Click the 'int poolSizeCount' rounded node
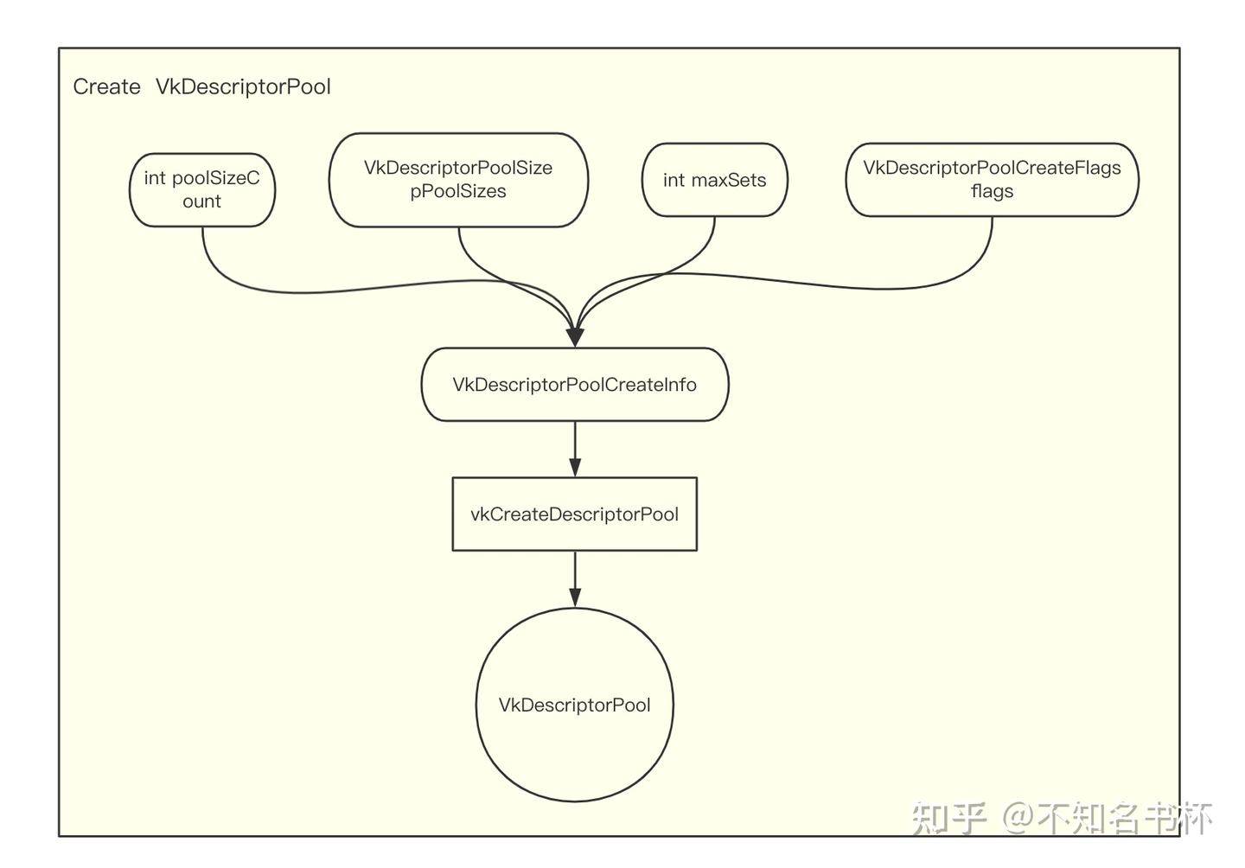pos(202,189)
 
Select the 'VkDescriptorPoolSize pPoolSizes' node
pos(458,180)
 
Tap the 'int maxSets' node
pos(714,180)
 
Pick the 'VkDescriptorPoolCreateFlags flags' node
pos(992,180)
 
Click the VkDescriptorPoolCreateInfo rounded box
pos(575,385)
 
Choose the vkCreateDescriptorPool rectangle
pos(575,514)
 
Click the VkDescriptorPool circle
pos(575,705)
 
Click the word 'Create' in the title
pos(106,86)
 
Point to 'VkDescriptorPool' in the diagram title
pos(243,86)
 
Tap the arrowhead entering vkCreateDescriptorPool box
pos(575,468)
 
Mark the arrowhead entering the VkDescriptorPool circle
pos(575,597)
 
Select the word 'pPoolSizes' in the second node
pos(458,192)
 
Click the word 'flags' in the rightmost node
pos(992,192)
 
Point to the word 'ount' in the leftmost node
pos(202,201)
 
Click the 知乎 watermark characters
pos(948,817)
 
